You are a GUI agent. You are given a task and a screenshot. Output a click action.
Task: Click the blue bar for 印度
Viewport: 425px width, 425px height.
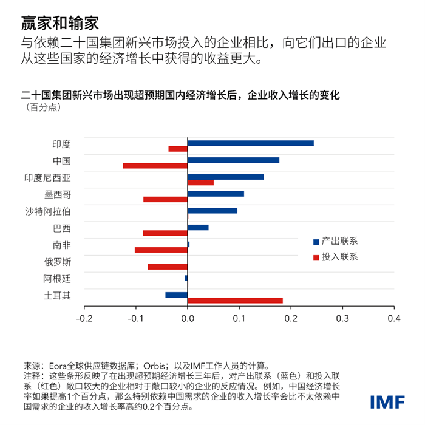pos(251,143)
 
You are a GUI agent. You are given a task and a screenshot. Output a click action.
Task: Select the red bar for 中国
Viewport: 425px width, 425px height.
pos(155,166)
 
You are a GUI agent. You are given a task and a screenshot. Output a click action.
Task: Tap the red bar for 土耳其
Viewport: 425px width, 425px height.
pos(236,301)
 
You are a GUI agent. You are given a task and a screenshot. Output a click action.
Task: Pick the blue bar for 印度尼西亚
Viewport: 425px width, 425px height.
pos(226,177)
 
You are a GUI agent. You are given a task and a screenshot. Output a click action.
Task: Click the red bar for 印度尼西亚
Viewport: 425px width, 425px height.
pos(201,182)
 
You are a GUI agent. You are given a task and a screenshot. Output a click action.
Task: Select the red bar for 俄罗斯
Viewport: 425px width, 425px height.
pos(168,267)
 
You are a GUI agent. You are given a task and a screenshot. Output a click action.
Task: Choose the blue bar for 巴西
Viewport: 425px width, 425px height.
pos(199,227)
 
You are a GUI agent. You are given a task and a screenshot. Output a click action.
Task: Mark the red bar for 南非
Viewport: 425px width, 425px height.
pos(161,250)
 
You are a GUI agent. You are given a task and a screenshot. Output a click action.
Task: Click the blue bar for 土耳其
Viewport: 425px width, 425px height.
pos(177,294)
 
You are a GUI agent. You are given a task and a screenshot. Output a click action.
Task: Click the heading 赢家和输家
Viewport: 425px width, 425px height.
pos(59,23)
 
